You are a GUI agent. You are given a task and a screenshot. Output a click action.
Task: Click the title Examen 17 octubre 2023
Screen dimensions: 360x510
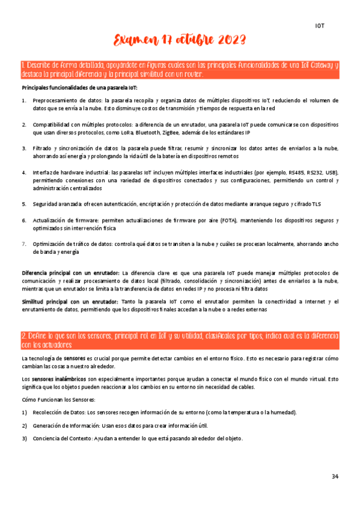click(x=180, y=41)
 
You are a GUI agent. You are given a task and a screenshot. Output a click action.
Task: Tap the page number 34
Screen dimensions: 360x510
click(x=335, y=477)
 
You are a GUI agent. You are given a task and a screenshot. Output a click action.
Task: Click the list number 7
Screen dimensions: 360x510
click(x=24, y=244)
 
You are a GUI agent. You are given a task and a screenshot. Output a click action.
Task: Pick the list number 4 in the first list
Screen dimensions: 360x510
click(x=24, y=173)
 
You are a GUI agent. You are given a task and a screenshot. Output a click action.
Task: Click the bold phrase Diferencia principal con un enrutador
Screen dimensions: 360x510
click(x=70, y=273)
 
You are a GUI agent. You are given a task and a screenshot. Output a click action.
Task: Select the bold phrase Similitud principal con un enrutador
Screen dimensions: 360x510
click(x=69, y=301)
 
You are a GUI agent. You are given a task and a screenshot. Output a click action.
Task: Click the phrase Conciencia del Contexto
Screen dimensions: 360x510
click(x=62, y=438)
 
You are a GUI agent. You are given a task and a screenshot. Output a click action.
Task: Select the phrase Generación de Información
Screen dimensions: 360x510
click(x=64, y=425)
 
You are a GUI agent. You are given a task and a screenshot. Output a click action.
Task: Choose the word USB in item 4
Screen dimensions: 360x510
click(x=331, y=173)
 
